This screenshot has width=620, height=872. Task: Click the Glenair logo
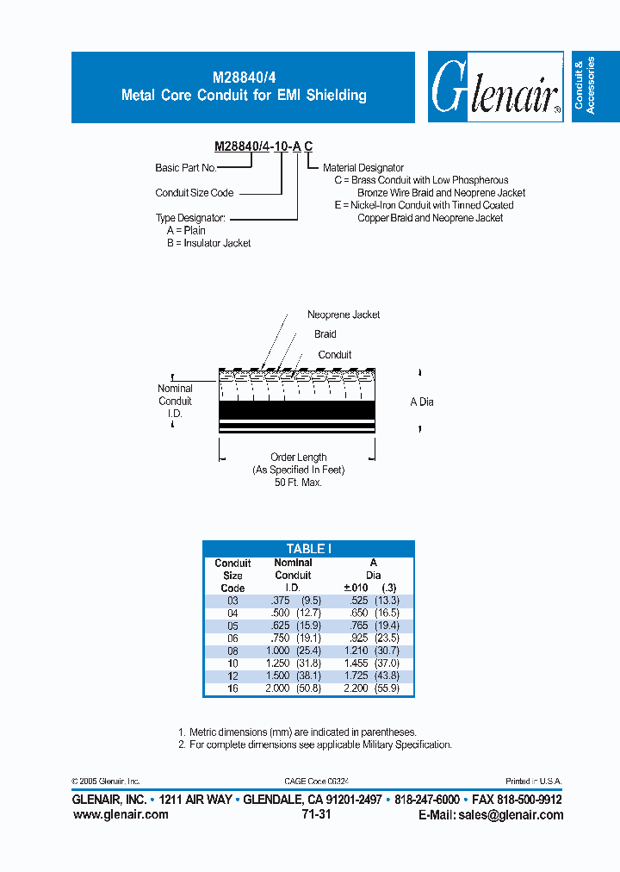493,87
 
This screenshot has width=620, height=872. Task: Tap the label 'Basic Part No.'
185,168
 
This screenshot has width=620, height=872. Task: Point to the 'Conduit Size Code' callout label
194,193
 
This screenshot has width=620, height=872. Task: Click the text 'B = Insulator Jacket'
208,243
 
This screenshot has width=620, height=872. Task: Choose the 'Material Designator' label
363,168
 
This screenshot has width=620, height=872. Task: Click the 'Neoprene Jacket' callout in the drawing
344,315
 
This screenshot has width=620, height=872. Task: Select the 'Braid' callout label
325,334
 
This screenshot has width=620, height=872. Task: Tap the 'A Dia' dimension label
421,402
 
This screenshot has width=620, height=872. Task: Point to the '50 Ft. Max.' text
298,483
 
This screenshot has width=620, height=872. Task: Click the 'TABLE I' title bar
308,548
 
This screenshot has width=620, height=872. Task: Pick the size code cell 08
232,651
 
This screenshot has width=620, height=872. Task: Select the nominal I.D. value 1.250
276,663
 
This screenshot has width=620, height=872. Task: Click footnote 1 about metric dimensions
297,732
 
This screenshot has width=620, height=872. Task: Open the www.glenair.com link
121,815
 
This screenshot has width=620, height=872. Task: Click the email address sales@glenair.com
491,815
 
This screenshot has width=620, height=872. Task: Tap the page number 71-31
316,814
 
